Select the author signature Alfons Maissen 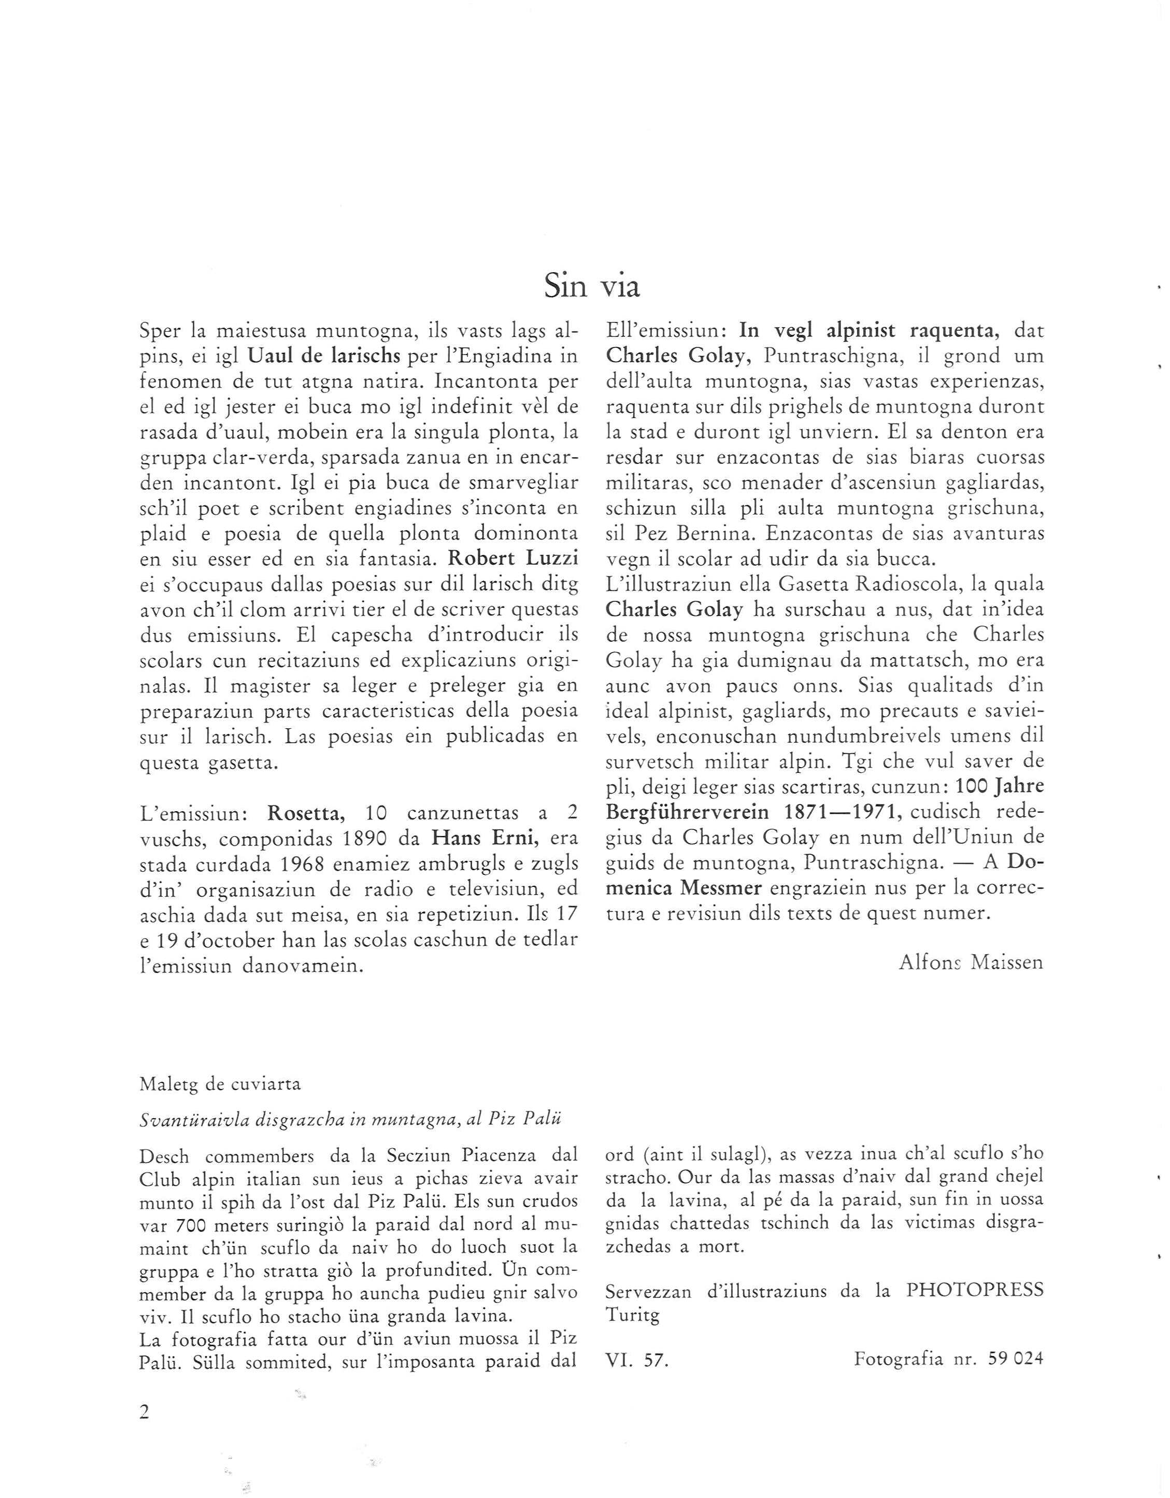coord(971,963)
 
